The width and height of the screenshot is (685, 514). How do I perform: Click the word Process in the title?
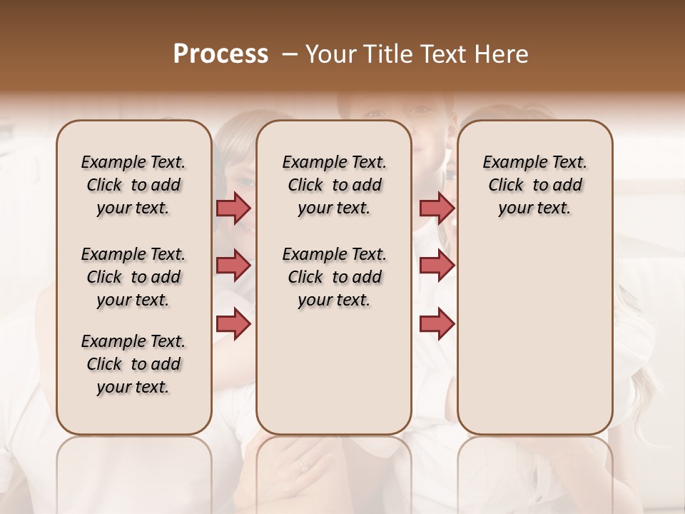tap(220, 54)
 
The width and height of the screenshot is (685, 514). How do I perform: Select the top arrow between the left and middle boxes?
tap(233, 208)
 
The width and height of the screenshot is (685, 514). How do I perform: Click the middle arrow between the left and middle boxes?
tap(233, 266)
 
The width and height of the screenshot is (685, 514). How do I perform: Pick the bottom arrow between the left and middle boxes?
tap(233, 323)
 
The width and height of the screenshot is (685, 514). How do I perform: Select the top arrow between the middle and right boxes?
tap(437, 208)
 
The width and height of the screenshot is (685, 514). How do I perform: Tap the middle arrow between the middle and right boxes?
tap(437, 266)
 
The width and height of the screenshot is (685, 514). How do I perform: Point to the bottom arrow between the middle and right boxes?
tap(437, 323)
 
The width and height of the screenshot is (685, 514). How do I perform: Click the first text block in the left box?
tap(133, 185)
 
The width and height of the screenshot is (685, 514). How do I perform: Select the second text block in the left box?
tap(133, 277)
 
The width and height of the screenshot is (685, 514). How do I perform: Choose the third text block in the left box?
tap(133, 364)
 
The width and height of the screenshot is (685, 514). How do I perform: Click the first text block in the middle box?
tap(334, 185)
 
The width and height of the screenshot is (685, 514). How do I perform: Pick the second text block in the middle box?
tap(334, 277)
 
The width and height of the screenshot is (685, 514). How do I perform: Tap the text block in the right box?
tap(534, 185)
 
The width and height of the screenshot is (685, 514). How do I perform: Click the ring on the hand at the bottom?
tap(303, 464)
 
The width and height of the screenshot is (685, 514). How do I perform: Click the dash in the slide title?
tap(290, 54)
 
